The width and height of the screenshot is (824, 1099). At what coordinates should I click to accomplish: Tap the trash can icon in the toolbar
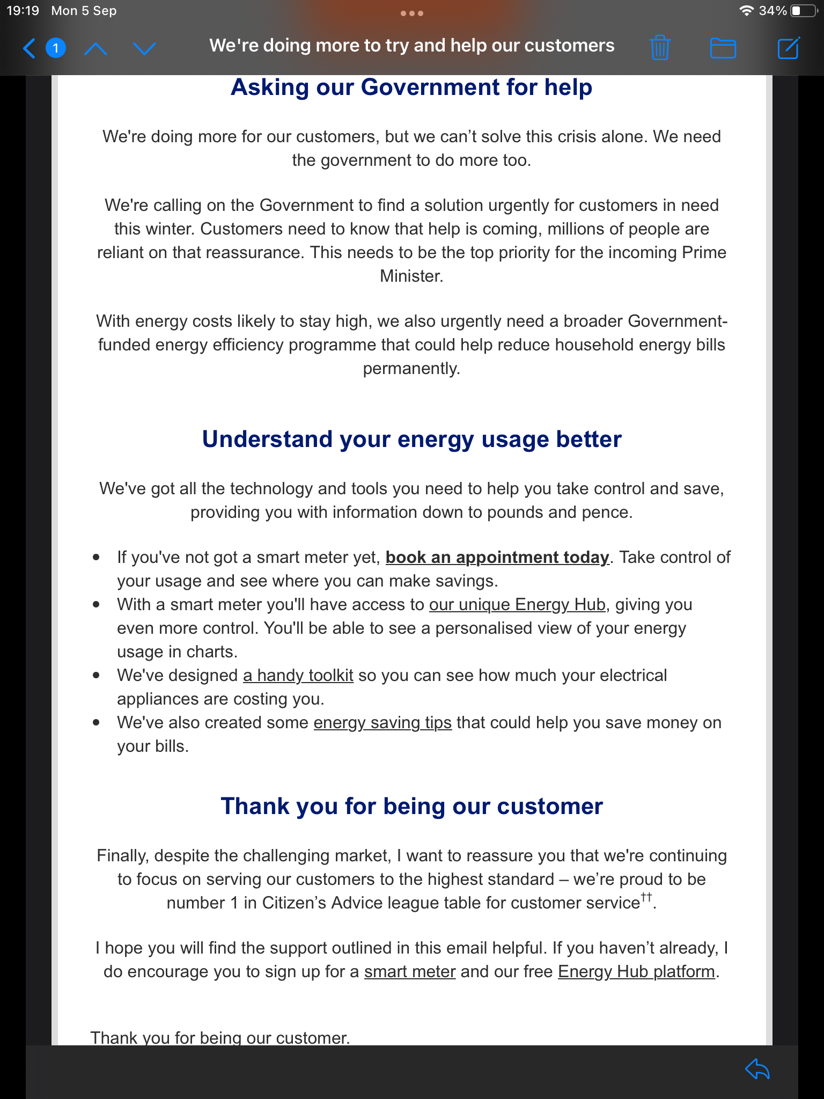pyautogui.click(x=660, y=48)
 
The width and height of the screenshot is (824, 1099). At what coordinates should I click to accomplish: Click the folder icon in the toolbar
pyautogui.click(x=723, y=48)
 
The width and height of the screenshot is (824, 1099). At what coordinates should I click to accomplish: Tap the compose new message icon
pyautogui.click(x=788, y=48)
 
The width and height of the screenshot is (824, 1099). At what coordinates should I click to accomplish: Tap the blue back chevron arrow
pyautogui.click(x=30, y=48)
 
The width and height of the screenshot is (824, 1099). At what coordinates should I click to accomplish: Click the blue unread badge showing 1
pyautogui.click(x=56, y=48)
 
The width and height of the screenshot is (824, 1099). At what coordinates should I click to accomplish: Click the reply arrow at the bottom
pyautogui.click(x=757, y=1069)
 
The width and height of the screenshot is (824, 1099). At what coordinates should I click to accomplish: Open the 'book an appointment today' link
pyautogui.click(x=497, y=558)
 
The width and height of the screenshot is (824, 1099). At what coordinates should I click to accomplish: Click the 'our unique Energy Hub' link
pyautogui.click(x=517, y=605)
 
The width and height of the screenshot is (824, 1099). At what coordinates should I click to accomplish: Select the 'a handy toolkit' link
pyautogui.click(x=298, y=676)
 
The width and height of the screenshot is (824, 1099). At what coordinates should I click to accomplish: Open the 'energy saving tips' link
pyautogui.click(x=382, y=723)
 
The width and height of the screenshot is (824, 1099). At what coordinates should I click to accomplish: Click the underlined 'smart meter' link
pyautogui.click(x=410, y=972)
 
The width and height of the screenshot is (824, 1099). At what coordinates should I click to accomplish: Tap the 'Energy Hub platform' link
pyautogui.click(x=636, y=972)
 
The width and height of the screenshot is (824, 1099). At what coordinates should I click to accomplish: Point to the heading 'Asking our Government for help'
pyautogui.click(x=411, y=87)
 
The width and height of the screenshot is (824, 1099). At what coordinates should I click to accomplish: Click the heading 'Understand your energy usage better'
pyautogui.click(x=411, y=439)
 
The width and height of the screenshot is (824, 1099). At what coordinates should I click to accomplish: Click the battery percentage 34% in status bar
pyautogui.click(x=772, y=11)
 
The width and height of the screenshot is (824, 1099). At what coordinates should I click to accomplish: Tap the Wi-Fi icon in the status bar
pyautogui.click(x=746, y=11)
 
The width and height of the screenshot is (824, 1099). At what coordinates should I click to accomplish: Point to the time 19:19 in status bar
pyautogui.click(x=23, y=11)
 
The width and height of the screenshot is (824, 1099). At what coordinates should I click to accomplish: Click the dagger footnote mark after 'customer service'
pyautogui.click(x=646, y=897)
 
